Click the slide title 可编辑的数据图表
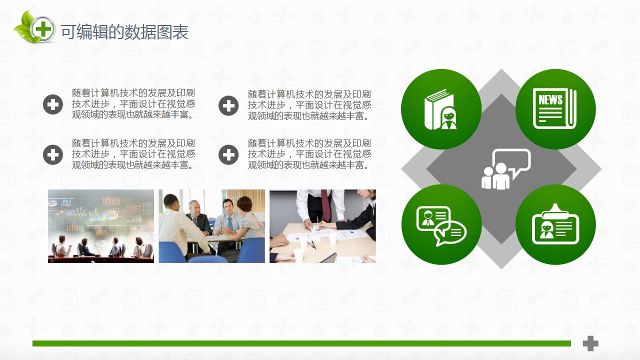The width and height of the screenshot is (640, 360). [x=124, y=32]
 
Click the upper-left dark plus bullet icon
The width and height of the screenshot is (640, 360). [x=53, y=105]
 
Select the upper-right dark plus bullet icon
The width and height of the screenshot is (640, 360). [x=228, y=105]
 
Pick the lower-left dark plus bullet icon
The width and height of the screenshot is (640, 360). [x=53, y=155]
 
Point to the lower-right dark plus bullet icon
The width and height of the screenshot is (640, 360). [x=228, y=155]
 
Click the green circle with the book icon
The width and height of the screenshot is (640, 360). [x=441, y=109]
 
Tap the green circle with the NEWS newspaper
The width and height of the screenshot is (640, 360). [x=555, y=109]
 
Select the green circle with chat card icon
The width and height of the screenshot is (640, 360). [x=441, y=224]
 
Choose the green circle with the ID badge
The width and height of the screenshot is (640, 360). [x=555, y=224]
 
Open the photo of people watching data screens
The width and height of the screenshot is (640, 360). [x=101, y=226]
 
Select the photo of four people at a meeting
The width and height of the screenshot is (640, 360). [x=211, y=226]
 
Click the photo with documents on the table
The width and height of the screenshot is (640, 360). [x=322, y=226]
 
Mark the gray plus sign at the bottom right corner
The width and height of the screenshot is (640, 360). [x=590, y=343]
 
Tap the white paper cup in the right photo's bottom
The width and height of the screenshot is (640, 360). [x=298, y=254]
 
